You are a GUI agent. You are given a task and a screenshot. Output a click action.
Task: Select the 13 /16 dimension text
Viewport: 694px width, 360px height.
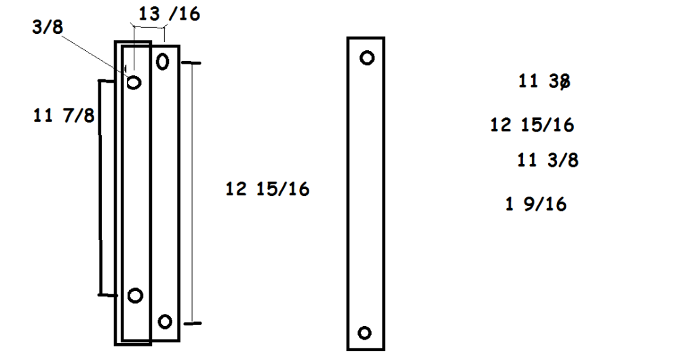[169, 13]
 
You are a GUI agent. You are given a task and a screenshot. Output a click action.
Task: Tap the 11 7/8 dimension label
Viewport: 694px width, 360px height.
[64, 115]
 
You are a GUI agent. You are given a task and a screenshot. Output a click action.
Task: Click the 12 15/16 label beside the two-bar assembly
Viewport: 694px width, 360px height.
[267, 189]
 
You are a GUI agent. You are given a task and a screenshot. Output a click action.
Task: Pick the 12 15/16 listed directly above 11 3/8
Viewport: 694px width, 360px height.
[532, 125]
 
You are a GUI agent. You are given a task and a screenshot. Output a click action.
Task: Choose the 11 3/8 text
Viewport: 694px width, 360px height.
[547, 161]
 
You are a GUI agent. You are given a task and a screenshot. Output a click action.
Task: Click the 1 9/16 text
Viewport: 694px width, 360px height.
[536, 203]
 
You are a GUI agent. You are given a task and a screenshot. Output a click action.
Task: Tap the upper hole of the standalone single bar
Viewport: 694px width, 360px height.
[367, 58]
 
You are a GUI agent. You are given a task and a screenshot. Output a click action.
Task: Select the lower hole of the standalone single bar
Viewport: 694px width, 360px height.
[365, 332]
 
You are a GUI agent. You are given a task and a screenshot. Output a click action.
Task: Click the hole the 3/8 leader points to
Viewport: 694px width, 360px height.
[134, 82]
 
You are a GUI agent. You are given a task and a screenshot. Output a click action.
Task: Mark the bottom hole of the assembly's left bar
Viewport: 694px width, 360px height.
[135, 296]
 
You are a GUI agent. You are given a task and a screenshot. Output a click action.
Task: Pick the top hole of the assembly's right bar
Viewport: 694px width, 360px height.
[162, 62]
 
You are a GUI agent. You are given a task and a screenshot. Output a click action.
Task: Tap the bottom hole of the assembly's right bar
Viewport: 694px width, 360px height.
[164, 321]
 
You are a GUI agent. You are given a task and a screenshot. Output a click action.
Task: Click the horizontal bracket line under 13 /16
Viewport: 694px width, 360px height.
[149, 28]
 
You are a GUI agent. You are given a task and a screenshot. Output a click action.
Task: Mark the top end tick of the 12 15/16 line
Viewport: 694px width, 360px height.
[192, 63]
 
